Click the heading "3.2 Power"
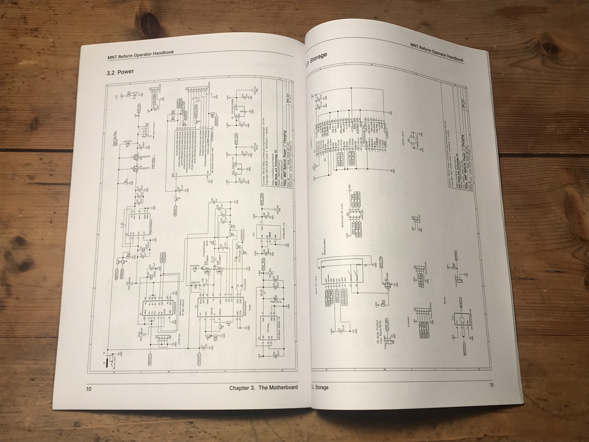[x=120, y=71]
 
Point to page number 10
[x=88, y=389]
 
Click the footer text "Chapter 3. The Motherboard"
[x=263, y=388]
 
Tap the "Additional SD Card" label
[x=342, y=212]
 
